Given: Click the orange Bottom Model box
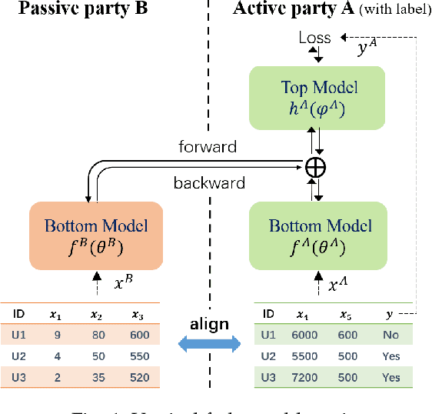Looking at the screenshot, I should (96, 234).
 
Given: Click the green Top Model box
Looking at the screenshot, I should (319, 97).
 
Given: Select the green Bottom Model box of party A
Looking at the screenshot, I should (319, 234).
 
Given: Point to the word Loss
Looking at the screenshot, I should (316, 38).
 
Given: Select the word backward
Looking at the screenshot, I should (210, 182).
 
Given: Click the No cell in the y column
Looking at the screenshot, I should (391, 335).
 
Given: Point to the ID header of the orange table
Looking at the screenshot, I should (18, 314).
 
